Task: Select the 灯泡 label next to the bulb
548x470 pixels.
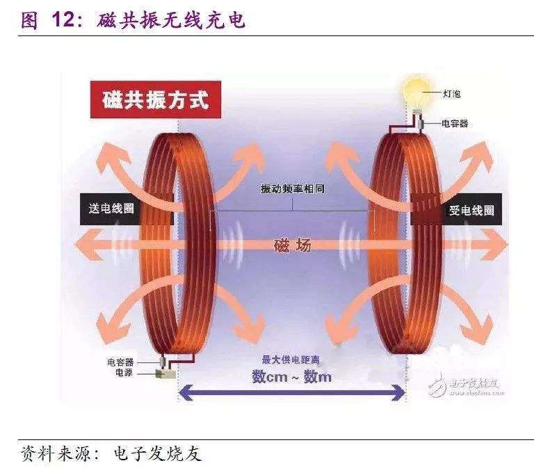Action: coord(451,92)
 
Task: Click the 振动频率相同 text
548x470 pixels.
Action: coord(292,189)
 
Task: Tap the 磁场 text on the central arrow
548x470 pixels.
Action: coord(292,245)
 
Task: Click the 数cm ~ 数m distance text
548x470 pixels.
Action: coord(291,377)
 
